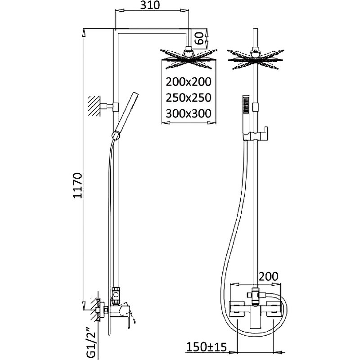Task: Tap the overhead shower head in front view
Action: coord(255,59)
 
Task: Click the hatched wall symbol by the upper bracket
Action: coord(94,106)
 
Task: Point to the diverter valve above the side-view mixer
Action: coord(116,295)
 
